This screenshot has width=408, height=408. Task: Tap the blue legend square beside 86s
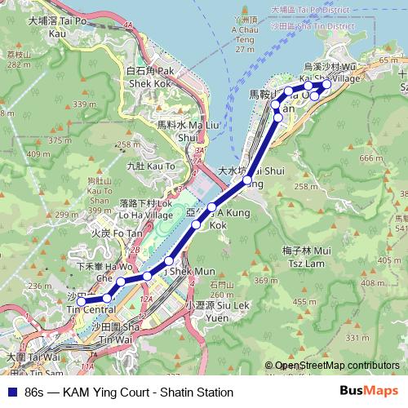click(x=11, y=392)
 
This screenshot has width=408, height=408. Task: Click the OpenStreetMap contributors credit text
click(x=337, y=366)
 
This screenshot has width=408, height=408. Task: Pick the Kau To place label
click(x=151, y=166)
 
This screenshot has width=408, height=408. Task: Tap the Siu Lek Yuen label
click(x=204, y=310)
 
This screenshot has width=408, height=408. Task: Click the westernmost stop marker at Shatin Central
click(x=81, y=302)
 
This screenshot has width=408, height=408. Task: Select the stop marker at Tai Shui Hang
click(x=247, y=180)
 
